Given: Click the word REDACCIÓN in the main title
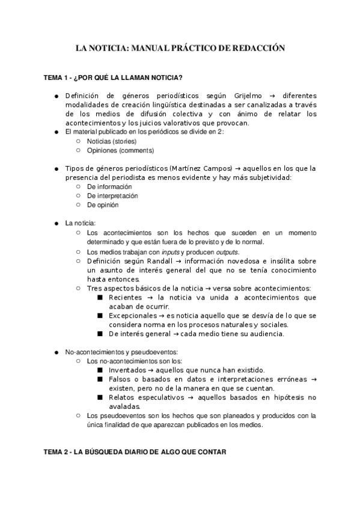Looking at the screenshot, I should [259, 48].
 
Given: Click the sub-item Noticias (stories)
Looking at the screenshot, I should [107, 141].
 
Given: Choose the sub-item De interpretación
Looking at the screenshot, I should [112, 195].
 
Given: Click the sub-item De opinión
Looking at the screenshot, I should [103, 204].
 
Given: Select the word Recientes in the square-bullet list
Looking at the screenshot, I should [126, 297].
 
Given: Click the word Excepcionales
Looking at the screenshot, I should [133, 315].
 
